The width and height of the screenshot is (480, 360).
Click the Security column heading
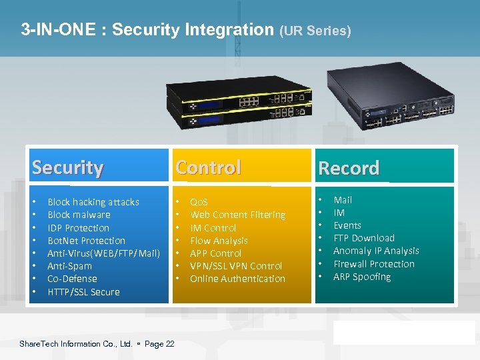pyautogui.click(x=67, y=167)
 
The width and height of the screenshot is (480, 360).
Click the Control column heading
pyautogui.click(x=208, y=167)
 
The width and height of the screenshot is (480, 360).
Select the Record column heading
pyautogui.click(x=349, y=168)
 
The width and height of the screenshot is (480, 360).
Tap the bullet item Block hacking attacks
pyautogui.click(x=93, y=202)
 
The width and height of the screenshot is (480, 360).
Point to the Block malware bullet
pyautogui.click(x=79, y=215)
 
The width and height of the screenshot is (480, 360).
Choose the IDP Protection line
pyautogui.click(x=78, y=228)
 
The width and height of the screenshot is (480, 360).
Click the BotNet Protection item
pyautogui.click(x=86, y=241)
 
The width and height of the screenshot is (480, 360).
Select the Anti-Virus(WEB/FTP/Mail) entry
pyautogui.click(x=103, y=253)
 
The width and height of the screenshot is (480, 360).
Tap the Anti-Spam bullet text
pyautogui.click(x=69, y=266)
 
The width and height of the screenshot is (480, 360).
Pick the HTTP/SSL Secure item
pyautogui.click(x=83, y=292)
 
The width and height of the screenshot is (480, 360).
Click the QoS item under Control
pyautogui.click(x=199, y=202)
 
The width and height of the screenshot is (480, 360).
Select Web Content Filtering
pyautogui.click(x=237, y=215)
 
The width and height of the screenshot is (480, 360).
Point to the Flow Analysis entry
pyautogui.click(x=219, y=241)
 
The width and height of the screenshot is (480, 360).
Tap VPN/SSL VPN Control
pyautogui.click(x=236, y=266)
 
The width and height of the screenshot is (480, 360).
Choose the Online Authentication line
pyautogui.click(x=237, y=279)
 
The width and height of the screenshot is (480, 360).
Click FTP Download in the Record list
pyautogui.click(x=363, y=238)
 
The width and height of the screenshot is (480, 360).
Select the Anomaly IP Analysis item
pyautogui.click(x=376, y=251)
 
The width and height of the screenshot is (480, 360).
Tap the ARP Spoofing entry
pyautogui.click(x=362, y=277)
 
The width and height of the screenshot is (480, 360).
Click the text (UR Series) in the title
pyautogui.click(x=315, y=31)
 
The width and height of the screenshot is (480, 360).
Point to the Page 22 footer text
pyautogui.click(x=159, y=344)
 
